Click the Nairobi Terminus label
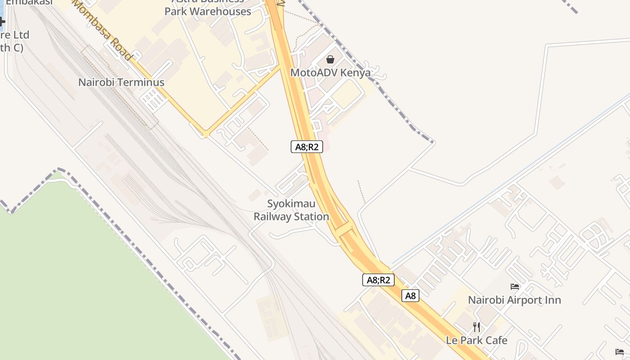[x=121, y=82]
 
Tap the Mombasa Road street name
[x=103, y=31]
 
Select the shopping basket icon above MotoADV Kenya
[x=330, y=59]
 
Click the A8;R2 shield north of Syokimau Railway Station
[x=307, y=147]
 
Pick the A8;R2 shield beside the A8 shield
[x=378, y=280]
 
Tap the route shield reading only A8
[x=410, y=296]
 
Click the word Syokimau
[x=291, y=204]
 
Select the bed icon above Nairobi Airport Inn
[x=515, y=287]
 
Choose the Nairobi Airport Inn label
[x=514, y=300]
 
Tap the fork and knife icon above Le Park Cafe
[x=477, y=327]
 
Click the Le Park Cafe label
[x=477, y=341]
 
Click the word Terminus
[x=143, y=82]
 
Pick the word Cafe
[x=495, y=341]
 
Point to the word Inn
[x=553, y=300]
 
